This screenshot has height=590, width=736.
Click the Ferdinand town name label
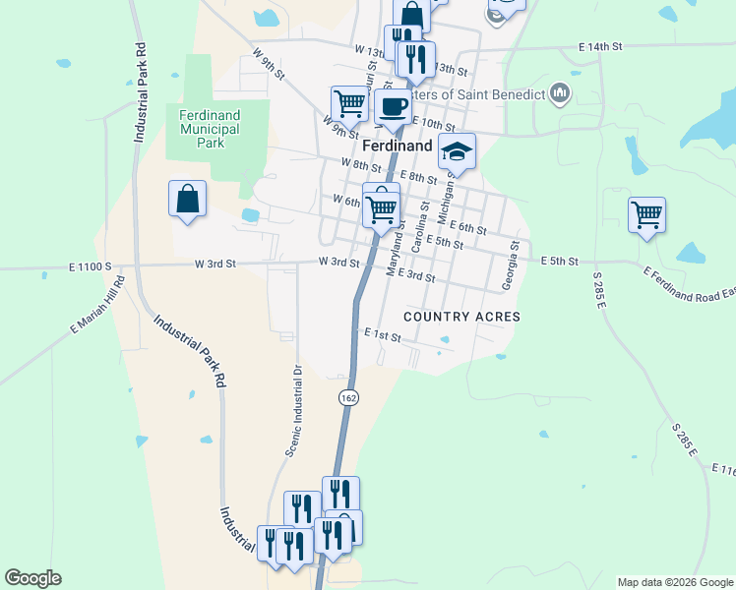pos(398,146)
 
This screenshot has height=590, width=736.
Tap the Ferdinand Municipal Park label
pos(209,129)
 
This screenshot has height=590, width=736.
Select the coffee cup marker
pos(394,107)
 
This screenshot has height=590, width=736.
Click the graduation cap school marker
pos(457,150)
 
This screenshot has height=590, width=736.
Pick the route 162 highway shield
pos(348,397)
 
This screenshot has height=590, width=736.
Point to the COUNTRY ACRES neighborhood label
pos(461,317)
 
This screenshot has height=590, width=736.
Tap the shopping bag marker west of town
pos(187,200)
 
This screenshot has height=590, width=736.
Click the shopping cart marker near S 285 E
pos(646,214)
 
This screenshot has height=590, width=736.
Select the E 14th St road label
pos(601,46)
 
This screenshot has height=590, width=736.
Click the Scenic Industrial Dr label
pos(293,411)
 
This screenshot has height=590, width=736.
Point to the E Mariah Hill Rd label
pos(97,307)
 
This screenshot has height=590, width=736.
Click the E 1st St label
pos(383,336)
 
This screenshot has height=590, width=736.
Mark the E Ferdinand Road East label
pos(690,285)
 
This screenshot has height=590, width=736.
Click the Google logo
pos(32,578)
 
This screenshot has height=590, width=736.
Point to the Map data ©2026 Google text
pos(674,582)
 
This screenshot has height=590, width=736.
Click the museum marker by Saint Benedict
pos(561,94)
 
